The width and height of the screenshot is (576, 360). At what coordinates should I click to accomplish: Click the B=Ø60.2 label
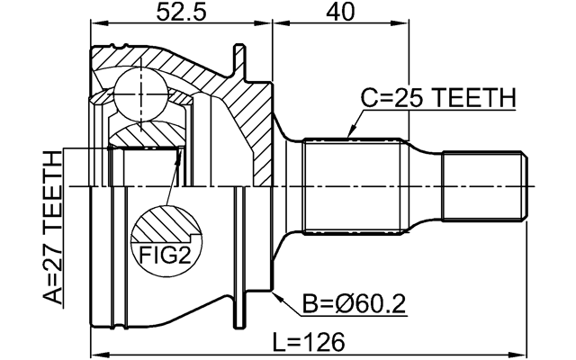click(x=353, y=303)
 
